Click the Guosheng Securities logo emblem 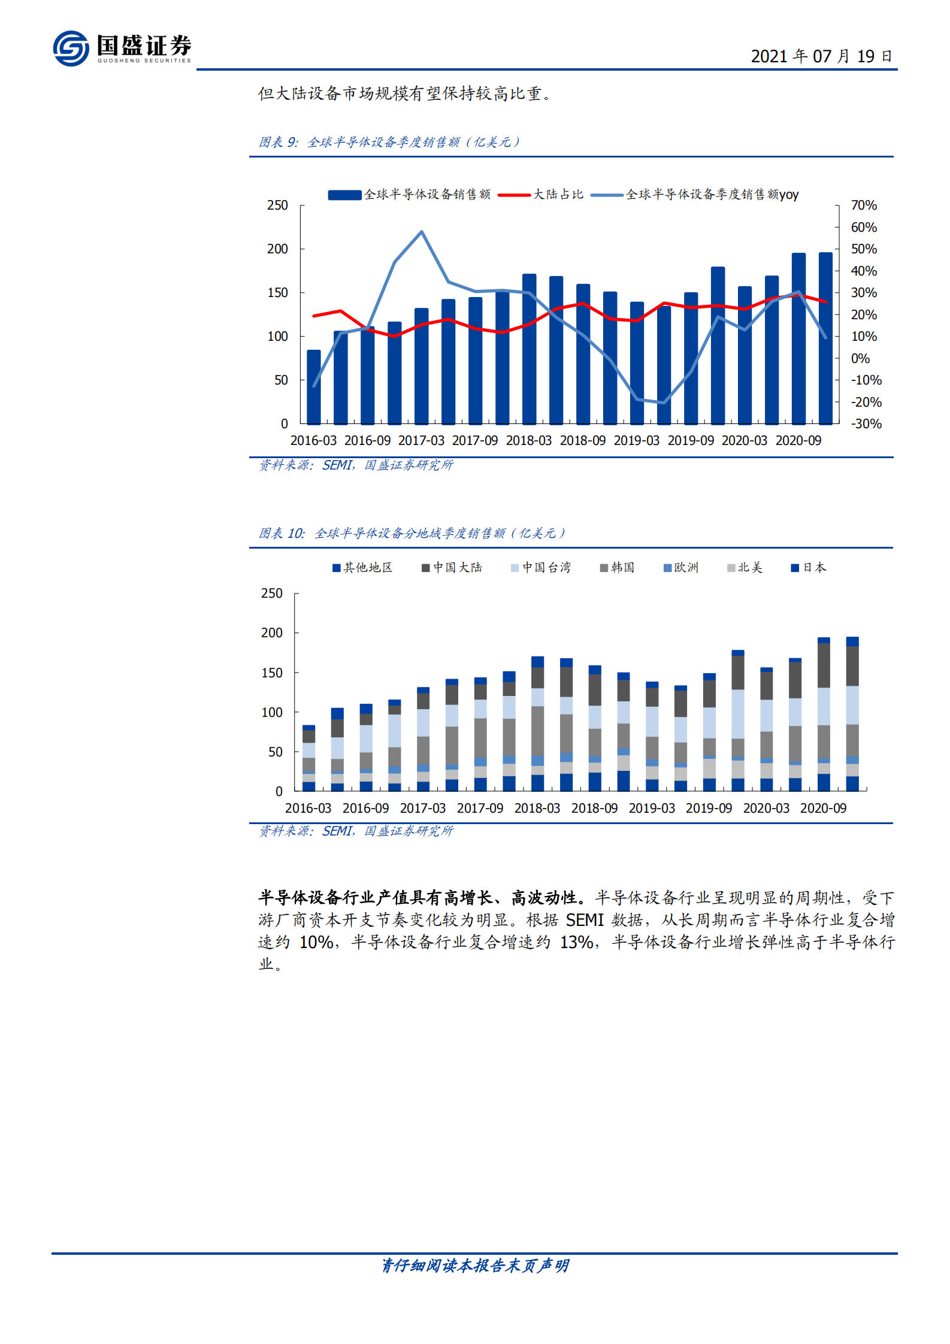[71, 49]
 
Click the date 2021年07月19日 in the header [821, 56]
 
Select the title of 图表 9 [389, 142]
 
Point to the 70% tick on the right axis [863, 205]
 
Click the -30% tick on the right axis [866, 424]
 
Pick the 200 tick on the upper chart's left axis [277, 249]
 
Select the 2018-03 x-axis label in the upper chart [528, 441]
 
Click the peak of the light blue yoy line [422, 232]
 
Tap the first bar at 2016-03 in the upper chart [313, 387]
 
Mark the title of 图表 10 [412, 533]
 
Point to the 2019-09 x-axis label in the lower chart [709, 809]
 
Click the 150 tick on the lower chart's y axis [271, 673]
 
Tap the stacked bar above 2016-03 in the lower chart [308, 758]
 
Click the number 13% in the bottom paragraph [576, 943]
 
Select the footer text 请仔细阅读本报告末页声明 [475, 1266]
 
